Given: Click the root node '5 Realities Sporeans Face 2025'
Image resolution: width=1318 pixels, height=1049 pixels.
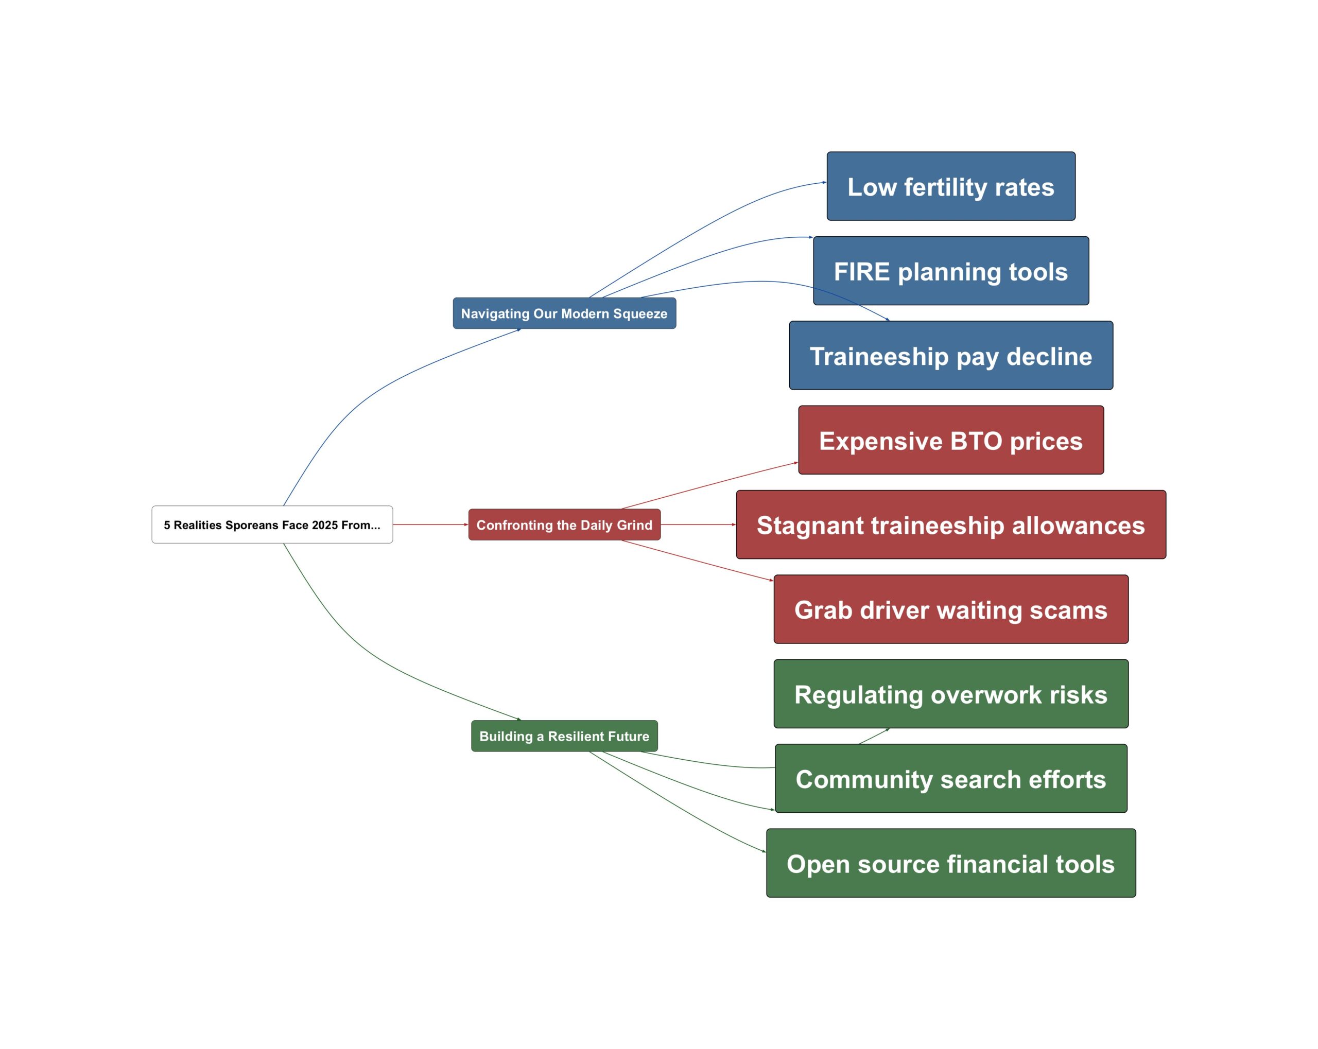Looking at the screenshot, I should pos(272,524).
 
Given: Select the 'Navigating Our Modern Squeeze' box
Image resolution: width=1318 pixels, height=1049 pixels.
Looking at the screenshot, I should pos(564,313).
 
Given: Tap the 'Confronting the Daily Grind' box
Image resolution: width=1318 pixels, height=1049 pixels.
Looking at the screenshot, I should pos(564,524).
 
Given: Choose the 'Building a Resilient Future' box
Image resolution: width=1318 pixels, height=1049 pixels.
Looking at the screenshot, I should pos(564,736).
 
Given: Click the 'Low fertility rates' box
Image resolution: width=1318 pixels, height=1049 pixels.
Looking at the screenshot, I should pos(950,186).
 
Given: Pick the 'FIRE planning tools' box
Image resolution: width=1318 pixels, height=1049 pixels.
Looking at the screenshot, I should pos(950,271).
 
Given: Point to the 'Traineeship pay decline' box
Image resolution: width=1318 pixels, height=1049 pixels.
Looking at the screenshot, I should pos(950,356).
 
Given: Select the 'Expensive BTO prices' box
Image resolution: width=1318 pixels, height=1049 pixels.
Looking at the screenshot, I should pos(950,440).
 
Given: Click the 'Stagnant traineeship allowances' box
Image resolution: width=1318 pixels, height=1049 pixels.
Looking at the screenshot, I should pos(950,524).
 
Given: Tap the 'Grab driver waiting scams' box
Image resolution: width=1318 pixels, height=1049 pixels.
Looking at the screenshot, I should pos(950,609).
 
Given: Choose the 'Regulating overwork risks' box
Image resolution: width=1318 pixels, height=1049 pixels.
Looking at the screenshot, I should pos(950,694).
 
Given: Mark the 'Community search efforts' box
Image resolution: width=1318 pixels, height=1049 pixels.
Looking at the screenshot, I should pos(950,779).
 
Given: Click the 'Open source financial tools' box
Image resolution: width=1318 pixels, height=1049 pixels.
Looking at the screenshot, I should pos(950,863).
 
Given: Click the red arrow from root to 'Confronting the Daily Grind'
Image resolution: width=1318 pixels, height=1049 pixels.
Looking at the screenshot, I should pos(430,524).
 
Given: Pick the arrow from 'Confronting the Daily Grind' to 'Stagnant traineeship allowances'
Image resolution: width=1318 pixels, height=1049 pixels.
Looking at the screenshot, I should pos(698,524).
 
